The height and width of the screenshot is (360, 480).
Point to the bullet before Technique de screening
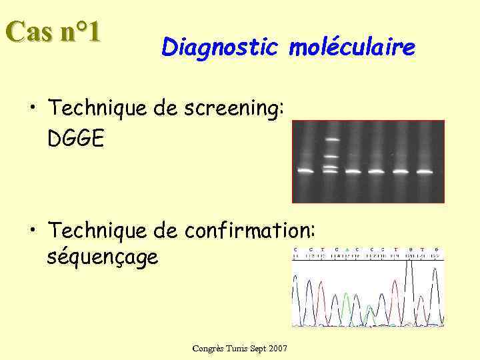(33, 108)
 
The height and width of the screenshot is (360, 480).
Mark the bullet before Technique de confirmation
(33, 231)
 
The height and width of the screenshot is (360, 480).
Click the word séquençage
(103, 257)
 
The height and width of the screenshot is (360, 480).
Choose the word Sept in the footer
(257, 349)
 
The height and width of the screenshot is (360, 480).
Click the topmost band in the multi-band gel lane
(331, 140)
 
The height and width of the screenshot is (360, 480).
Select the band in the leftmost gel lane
(306, 171)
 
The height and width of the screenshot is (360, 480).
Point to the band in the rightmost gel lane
(424, 171)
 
